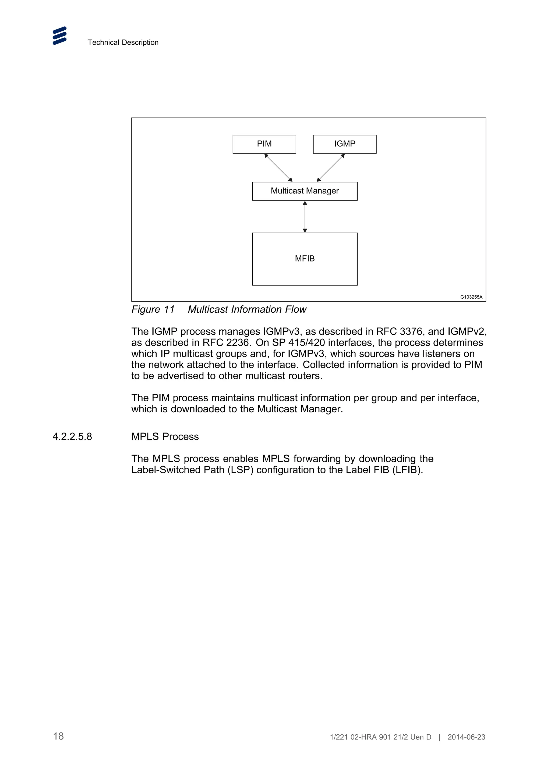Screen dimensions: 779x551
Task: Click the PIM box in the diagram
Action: pyautogui.click(x=264, y=144)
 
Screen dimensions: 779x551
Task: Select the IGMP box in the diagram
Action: pyautogui.click(x=345, y=144)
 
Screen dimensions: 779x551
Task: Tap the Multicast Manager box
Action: pyautogui.click(x=305, y=191)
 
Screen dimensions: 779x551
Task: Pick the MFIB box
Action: pyautogui.click(x=305, y=259)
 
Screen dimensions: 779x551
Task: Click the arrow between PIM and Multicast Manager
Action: pyautogui.click(x=278, y=168)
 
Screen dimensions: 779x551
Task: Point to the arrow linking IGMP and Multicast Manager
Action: pyautogui.click(x=331, y=168)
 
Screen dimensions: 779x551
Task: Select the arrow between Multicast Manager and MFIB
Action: pyautogui.click(x=305, y=216)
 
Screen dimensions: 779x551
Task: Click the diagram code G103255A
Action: pyautogui.click(x=471, y=297)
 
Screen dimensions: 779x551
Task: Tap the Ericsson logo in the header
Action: pyautogui.click(x=60, y=36)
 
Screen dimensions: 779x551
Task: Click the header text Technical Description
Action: pyautogui.click(x=123, y=42)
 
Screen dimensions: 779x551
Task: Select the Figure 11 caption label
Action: pyautogui.click(x=153, y=309)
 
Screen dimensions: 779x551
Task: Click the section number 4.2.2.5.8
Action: pyautogui.click(x=72, y=437)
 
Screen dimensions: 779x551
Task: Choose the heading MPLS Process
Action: pyautogui.click(x=165, y=437)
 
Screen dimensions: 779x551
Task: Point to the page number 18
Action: pyautogui.click(x=58, y=736)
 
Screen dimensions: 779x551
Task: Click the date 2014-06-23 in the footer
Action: pyautogui.click(x=466, y=737)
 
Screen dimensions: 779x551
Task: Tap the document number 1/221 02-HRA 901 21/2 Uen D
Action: pyautogui.click(x=380, y=737)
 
